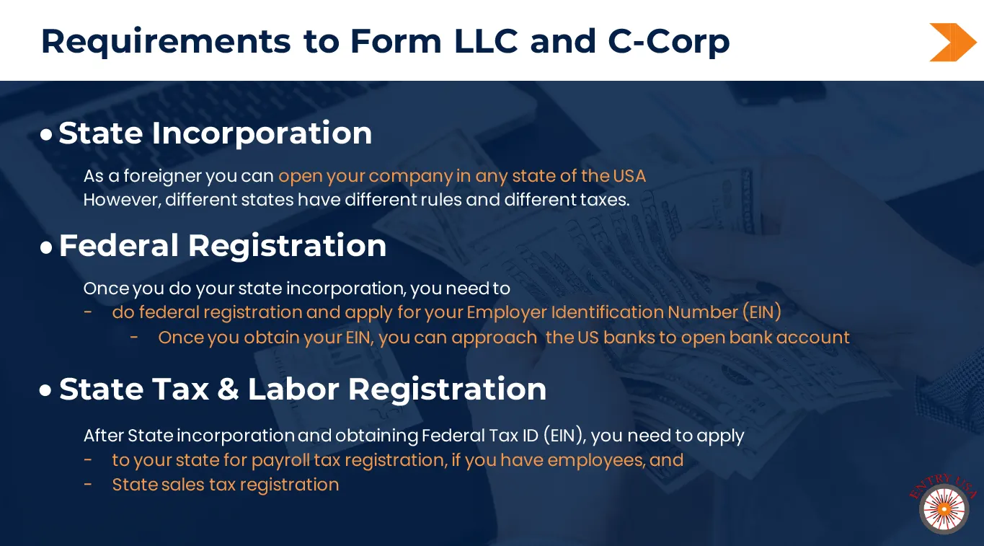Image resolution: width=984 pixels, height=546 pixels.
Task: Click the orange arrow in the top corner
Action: point(952,43)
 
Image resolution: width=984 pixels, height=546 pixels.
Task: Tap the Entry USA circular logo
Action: point(944,508)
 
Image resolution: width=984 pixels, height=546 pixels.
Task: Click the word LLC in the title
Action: point(486,42)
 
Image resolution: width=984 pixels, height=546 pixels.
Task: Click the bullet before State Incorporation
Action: point(46,134)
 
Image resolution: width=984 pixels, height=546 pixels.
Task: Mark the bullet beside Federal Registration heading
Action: point(46,247)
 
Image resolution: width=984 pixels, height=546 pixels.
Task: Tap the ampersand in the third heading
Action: point(228,389)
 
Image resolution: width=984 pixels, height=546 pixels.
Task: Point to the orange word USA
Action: point(629,176)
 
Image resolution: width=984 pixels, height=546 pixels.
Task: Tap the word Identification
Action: point(607,312)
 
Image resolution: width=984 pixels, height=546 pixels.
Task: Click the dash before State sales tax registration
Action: point(88,485)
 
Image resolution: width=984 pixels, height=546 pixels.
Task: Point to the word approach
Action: point(495,338)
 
